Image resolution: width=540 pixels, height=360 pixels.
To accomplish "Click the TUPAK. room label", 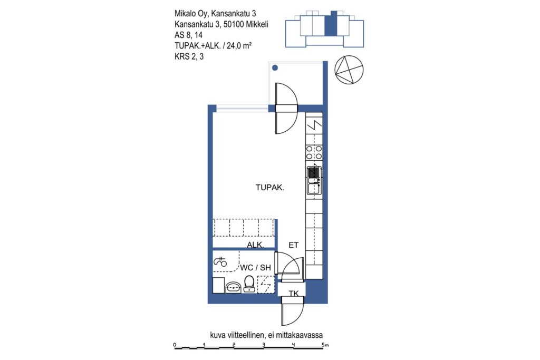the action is pos(269,188).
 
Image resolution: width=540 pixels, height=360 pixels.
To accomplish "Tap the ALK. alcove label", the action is pos(256,245).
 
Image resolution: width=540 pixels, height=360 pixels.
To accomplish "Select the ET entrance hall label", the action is pos(293,245).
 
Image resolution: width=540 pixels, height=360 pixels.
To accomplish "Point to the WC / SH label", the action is pos(256,267).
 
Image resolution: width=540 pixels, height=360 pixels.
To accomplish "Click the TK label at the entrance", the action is pos(294,294).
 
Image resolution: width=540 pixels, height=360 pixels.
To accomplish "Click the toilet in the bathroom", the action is pos(249,284).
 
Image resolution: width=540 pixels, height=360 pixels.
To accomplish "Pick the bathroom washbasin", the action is pos(233,287).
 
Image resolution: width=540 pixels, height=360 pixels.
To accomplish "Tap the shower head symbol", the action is pos(220,262).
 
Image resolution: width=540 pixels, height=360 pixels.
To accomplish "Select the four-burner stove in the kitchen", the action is pos(314,152).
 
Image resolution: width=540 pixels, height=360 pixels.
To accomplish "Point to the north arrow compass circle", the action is pos(349,70).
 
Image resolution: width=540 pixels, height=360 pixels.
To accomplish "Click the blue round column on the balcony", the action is pos(275,68).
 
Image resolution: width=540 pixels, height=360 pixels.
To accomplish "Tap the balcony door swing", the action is pos(286,109).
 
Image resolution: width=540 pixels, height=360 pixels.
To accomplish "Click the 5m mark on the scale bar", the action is pos(325,345).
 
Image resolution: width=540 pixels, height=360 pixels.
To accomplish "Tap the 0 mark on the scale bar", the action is pos(175,345).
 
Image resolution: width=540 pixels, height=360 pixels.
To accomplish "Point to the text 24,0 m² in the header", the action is pos(239,45).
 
